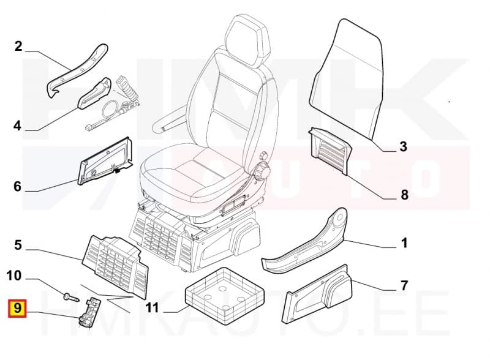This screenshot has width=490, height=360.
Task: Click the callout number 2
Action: click(18, 46)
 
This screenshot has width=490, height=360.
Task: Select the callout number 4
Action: click(17, 126)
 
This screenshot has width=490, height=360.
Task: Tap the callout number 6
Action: click(17, 186)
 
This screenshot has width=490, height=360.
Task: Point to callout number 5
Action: click(18, 246)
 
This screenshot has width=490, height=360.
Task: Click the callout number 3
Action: click(403, 147)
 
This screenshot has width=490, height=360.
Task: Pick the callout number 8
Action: click(404, 195)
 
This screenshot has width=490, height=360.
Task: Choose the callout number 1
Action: click(404, 244)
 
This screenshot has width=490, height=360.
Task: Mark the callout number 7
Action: click(404, 285)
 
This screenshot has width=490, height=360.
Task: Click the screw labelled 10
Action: click(68, 298)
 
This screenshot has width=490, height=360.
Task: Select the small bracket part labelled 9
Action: click(89, 310)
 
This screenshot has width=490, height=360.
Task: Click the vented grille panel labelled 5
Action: click(116, 261)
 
